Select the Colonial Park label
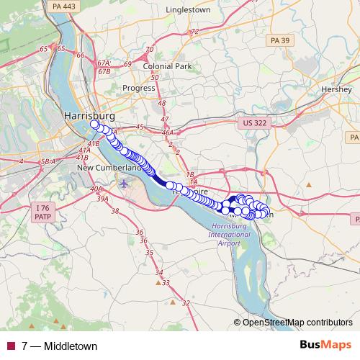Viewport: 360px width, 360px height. click(167, 66)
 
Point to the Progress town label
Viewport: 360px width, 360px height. click(139, 88)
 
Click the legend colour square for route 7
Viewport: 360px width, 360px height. click(10, 346)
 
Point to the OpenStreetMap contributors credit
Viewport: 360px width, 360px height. click(297, 323)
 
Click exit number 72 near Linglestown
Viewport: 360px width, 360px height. click(194, 32)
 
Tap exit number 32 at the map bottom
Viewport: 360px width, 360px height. click(186, 303)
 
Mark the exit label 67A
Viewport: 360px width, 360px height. click(103, 63)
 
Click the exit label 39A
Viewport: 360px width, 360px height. click(102, 199)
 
